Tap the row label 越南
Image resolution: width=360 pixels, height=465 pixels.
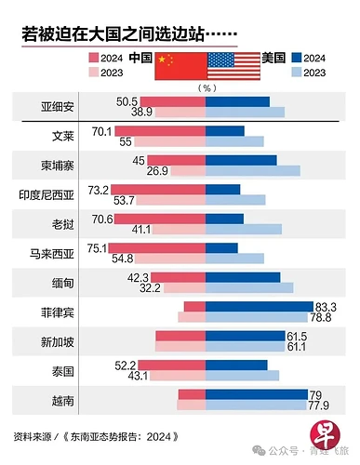coord(64,402)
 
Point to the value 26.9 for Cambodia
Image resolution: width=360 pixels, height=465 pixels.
coord(130,171)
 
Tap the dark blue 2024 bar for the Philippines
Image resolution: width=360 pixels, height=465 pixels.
coord(259,307)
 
